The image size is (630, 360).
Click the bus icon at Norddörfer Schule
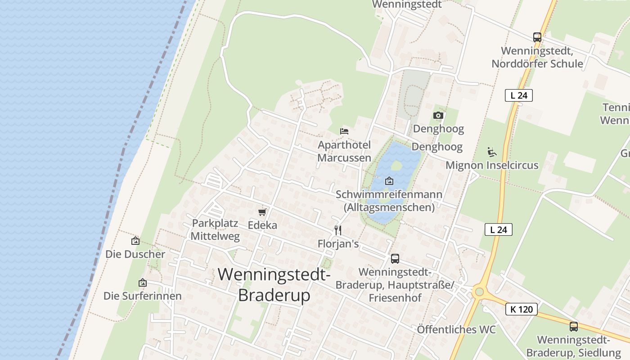click(x=537, y=37)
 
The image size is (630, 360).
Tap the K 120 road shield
click(x=522, y=309)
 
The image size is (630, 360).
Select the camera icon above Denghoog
click(x=438, y=116)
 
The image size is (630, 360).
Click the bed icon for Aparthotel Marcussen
click(x=344, y=131)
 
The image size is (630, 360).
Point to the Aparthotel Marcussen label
click(x=344, y=151)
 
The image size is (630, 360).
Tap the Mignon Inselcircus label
click(x=492, y=165)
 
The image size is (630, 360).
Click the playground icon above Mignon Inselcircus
click(x=492, y=152)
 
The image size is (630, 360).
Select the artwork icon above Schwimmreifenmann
click(x=389, y=181)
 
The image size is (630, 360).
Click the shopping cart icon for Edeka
click(x=262, y=212)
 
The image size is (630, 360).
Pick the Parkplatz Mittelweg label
click(x=215, y=229)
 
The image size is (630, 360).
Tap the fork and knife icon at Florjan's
click(x=338, y=230)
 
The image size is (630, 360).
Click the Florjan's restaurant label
click(x=338, y=244)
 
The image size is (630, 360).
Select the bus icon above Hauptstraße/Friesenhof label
click(x=395, y=258)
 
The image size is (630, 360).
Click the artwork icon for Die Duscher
click(x=135, y=241)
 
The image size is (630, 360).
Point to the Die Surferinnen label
click(x=143, y=296)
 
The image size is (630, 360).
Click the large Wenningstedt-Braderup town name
click(x=274, y=284)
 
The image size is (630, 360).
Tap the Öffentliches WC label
click(x=456, y=329)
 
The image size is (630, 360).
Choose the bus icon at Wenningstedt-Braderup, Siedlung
click(x=573, y=327)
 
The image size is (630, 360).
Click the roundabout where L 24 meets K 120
click(x=478, y=292)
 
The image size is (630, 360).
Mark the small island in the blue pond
click(x=396, y=166)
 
